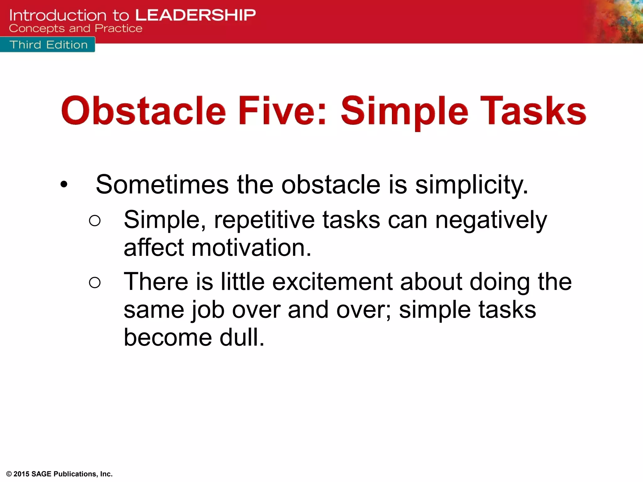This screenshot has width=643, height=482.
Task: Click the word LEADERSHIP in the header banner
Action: [x=195, y=15]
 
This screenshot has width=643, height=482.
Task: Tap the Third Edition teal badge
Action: [x=48, y=45]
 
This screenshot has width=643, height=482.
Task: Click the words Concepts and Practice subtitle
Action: [x=75, y=29]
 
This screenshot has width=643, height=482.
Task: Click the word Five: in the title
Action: [x=283, y=111]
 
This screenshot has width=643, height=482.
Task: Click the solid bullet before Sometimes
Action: [x=64, y=185]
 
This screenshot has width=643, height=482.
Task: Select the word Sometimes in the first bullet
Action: [x=162, y=185]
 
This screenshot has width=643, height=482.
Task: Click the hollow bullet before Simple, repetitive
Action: [x=95, y=221]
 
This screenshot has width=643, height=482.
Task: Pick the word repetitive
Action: [x=264, y=220]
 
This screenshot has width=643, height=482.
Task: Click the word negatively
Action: [x=491, y=220]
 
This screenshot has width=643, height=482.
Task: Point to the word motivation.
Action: [x=251, y=248]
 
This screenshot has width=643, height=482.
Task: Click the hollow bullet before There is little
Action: [x=95, y=282]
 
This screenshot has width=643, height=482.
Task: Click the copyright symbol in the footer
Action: [x=9, y=474]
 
